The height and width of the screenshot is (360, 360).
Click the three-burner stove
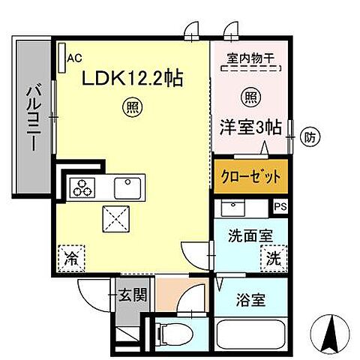pos(85,189)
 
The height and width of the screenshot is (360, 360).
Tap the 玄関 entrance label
pos(136,293)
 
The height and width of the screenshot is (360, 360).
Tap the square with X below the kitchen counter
pos(116,220)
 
